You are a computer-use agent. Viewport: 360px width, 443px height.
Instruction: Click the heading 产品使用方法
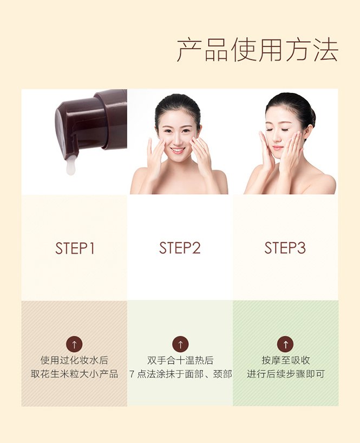point(257,50)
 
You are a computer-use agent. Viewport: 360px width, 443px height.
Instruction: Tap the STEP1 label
point(75,248)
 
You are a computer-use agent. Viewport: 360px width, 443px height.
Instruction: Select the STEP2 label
point(180,248)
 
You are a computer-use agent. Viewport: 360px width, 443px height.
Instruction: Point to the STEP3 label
point(285,248)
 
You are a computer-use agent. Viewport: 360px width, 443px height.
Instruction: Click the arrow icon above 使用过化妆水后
point(74,345)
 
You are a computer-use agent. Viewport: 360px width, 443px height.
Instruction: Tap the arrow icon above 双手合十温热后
point(180,344)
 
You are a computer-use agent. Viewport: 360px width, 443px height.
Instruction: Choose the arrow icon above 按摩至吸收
point(286,344)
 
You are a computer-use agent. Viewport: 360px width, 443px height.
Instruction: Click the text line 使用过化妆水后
point(74,360)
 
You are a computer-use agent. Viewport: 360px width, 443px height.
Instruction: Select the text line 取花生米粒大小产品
point(74,374)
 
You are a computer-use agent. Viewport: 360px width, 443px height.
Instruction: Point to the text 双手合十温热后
point(180,360)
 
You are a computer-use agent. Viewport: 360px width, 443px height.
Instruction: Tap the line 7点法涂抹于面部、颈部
point(181,374)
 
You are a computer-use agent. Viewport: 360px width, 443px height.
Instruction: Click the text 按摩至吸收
point(286,360)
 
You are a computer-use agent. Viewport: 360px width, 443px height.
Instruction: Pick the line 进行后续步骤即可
point(286,374)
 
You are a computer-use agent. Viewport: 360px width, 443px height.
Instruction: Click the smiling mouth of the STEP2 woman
point(178,150)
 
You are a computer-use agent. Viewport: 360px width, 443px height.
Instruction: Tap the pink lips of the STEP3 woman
point(277,148)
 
